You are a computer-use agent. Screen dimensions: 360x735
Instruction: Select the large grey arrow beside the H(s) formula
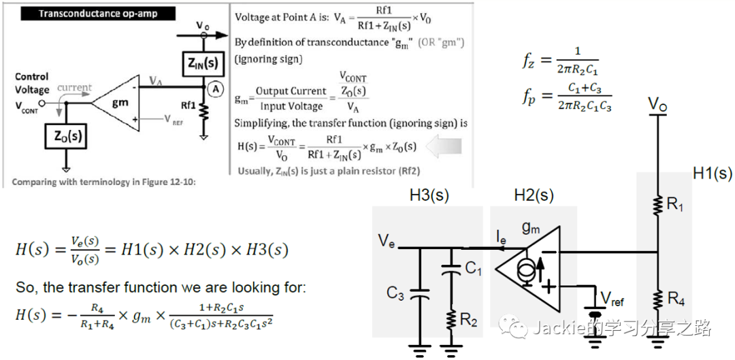pyautogui.click(x=442, y=146)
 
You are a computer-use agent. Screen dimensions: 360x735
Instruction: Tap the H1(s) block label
pyautogui.click(x=712, y=174)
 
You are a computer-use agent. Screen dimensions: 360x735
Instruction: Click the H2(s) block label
pyautogui.click(x=534, y=196)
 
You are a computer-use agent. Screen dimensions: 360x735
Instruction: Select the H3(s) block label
pyautogui.click(x=430, y=196)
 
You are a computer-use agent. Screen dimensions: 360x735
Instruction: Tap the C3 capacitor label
pyautogui.click(x=396, y=293)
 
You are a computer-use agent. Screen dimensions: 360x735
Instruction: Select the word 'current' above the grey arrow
pyautogui.click(x=74, y=88)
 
